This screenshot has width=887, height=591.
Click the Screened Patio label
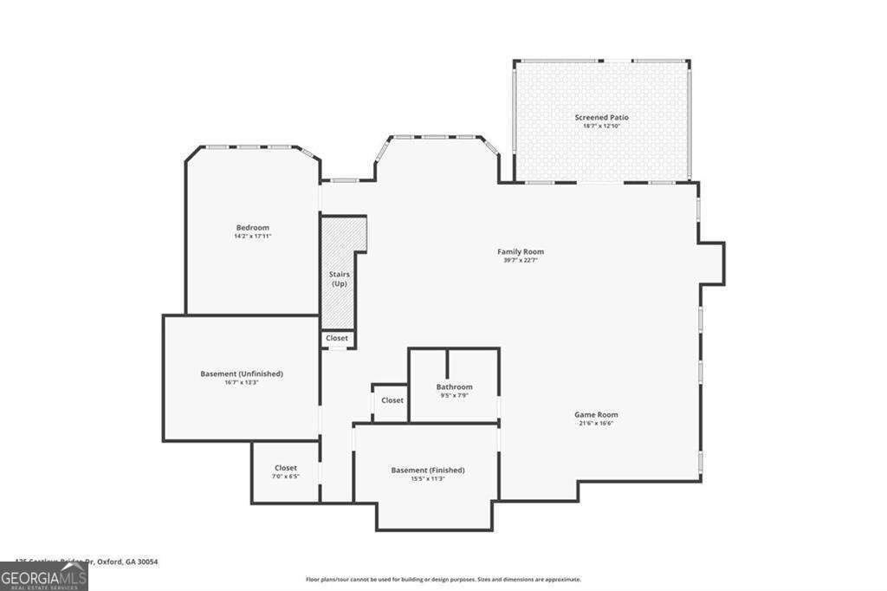tap(601, 117)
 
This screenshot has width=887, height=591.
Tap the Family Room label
tap(521, 251)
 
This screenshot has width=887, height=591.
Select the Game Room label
tap(596, 414)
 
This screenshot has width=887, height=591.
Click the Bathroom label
tap(454, 386)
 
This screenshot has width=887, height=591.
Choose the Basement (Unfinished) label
tap(242, 373)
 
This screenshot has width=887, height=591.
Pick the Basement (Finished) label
tap(427, 470)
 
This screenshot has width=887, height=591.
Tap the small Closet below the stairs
tap(337, 338)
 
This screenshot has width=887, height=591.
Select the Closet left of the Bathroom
tap(392, 400)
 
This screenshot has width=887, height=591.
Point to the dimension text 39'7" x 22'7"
tap(521, 260)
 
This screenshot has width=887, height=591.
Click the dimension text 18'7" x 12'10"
tap(601, 126)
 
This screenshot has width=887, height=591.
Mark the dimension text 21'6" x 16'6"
tap(596, 423)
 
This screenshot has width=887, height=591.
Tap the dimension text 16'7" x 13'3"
tap(242, 382)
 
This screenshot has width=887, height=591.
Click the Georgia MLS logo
tap(43, 577)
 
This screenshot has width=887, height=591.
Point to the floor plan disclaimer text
tap(443, 579)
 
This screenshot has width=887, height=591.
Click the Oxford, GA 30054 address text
tap(126, 562)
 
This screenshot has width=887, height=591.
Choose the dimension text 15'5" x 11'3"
tap(427, 478)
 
